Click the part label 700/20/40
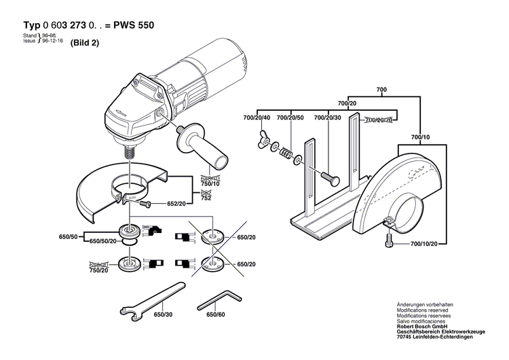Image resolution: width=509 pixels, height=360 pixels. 257,118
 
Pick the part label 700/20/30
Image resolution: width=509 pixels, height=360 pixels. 328,118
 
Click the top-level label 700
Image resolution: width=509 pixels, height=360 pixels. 381,90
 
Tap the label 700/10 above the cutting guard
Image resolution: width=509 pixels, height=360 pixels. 421,137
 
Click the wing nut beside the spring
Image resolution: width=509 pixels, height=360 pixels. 261,141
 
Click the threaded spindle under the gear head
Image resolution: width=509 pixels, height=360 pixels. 127,151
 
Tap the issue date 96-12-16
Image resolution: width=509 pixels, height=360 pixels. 52,41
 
